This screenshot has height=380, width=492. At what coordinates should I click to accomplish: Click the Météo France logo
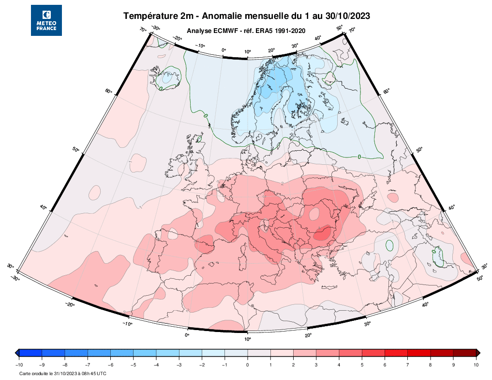pyautogui.click(x=46, y=20)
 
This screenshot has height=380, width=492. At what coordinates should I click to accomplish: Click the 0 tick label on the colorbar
pyautogui.click(x=248, y=365)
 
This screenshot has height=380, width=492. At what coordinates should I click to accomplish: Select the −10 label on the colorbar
pyautogui.click(x=19, y=365)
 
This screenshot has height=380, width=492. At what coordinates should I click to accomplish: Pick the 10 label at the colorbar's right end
pyautogui.click(x=476, y=365)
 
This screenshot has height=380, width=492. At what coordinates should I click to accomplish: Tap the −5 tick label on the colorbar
pyautogui.click(x=133, y=365)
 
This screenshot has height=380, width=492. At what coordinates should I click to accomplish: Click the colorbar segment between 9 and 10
pyautogui.click(x=465, y=353)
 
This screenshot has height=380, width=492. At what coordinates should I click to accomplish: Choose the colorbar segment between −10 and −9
pyautogui.click(x=30, y=353)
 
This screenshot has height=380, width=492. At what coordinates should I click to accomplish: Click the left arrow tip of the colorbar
pyautogui.click(x=15, y=353)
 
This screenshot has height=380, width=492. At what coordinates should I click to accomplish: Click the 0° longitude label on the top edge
pyautogui.click(x=224, y=50)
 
